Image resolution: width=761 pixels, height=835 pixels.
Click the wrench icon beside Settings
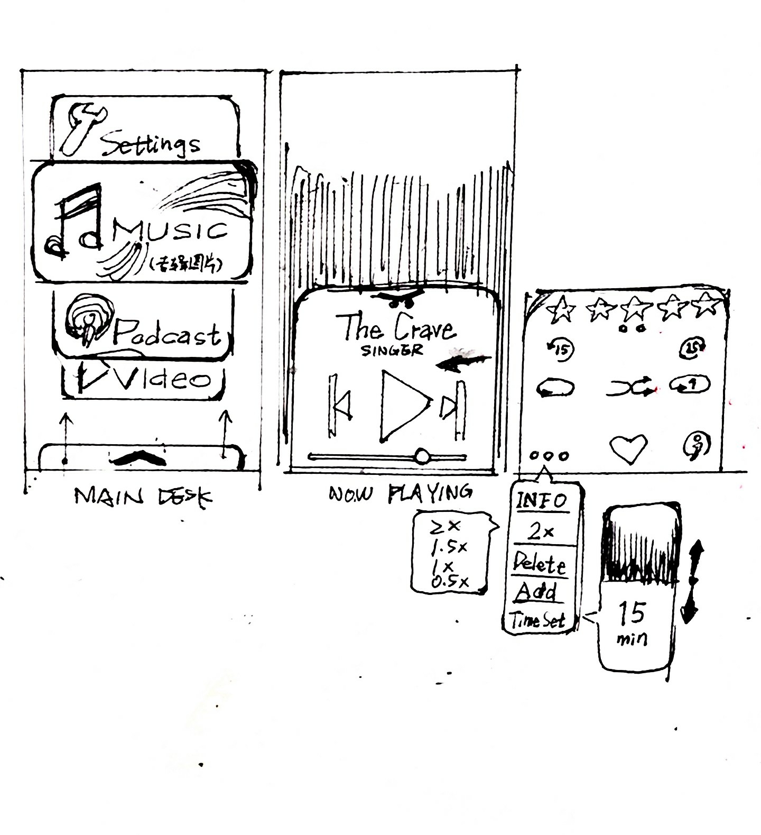pyautogui.click(x=82, y=128)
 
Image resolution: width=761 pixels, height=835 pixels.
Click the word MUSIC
pyautogui.click(x=170, y=231)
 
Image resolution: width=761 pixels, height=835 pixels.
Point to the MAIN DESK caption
pyautogui.click(x=143, y=497)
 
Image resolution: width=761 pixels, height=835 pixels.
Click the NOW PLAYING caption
pyautogui.click(x=400, y=494)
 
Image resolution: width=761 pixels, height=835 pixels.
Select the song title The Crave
pyautogui.click(x=395, y=327)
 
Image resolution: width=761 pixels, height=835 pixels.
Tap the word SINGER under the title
pyautogui.click(x=392, y=350)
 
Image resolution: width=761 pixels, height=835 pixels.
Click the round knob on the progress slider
pyautogui.click(x=422, y=456)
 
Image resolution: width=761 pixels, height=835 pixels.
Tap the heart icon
pyautogui.click(x=628, y=448)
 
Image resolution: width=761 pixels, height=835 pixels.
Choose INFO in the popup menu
pyautogui.click(x=541, y=500)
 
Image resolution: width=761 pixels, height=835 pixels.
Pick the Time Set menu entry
pyautogui.click(x=537, y=620)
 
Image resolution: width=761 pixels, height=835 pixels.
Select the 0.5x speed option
pyautogui.click(x=450, y=582)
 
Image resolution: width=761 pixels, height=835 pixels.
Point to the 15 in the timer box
pyautogui.click(x=631, y=613)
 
